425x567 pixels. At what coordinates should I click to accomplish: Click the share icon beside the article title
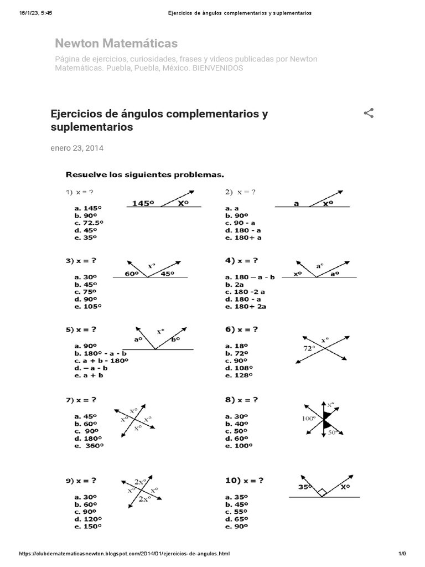[x=369, y=114]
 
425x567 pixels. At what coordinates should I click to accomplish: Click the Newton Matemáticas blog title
[x=116, y=43]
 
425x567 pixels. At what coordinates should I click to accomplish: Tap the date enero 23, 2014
[x=77, y=148]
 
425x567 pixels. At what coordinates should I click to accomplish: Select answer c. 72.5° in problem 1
[x=88, y=223]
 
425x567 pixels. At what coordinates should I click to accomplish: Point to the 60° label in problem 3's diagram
[x=131, y=274]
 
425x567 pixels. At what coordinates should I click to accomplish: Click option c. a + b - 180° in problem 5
[x=101, y=360]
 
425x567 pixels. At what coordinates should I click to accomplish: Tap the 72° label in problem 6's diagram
[x=308, y=348]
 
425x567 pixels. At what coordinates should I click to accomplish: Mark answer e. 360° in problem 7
[x=88, y=445]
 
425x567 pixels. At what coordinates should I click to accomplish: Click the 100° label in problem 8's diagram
[x=309, y=419]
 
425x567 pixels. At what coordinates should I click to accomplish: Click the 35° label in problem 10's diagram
[x=305, y=488]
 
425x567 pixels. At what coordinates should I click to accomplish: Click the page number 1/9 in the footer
[x=402, y=554]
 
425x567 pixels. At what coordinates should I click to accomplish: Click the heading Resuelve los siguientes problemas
[x=145, y=174]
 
